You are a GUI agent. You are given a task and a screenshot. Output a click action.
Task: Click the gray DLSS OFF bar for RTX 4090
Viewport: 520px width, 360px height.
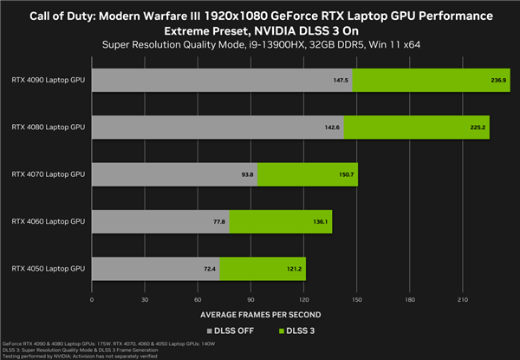[221, 79]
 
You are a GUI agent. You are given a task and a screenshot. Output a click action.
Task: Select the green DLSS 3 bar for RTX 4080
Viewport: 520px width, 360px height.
[417, 127]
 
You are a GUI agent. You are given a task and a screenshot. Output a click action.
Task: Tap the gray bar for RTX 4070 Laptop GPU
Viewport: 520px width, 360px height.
[174, 174]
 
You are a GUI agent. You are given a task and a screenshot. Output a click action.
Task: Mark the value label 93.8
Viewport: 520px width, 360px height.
[246, 174]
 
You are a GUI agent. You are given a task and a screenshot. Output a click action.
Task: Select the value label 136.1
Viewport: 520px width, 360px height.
[320, 221]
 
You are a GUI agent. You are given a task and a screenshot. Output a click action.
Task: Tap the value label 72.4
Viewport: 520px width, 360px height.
[209, 269]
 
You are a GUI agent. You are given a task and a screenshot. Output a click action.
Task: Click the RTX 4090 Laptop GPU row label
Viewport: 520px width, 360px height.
[49, 79]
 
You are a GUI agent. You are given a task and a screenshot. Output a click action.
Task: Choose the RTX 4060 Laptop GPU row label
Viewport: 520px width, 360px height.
[49, 221]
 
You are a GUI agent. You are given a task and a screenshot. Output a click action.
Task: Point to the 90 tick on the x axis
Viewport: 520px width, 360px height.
[250, 300]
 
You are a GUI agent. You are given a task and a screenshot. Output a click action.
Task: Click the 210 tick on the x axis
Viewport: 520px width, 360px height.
[462, 300]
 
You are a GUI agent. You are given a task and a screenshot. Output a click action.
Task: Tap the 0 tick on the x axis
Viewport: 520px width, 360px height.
[92, 300]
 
